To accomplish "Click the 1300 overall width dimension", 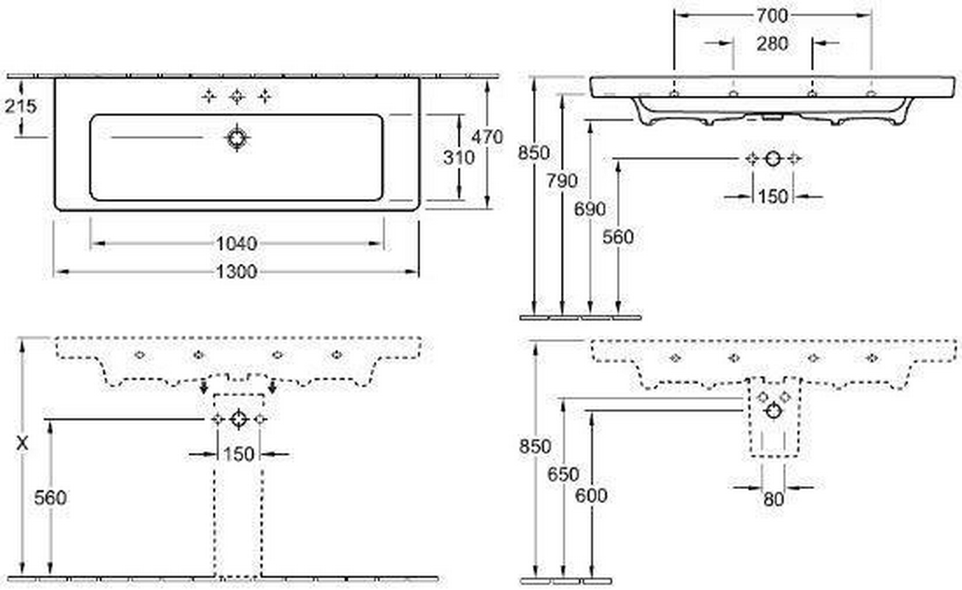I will coord(237,272).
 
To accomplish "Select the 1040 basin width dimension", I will coord(236,243).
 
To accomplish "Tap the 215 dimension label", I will coord(20,106).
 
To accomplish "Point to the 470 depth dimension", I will coord(487,137).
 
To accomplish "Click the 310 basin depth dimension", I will coord(459,156).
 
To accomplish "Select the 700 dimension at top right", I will coord(772,14).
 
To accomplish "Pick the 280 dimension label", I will coord(772,44).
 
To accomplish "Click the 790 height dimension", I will coord(562,181).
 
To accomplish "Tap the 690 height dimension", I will coord(590,209).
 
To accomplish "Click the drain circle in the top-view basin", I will coord(237,138).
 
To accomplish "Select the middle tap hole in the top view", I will coord(237,96).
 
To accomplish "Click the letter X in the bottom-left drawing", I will coord(24,445).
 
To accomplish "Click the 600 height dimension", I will coord(592,495).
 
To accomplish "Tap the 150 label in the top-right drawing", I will coord(772,197).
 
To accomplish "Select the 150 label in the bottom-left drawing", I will coord(238,454).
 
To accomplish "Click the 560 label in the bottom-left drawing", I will coord(50,498).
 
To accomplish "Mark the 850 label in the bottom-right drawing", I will coord(535,446).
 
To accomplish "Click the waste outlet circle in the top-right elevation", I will coord(772,159).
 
